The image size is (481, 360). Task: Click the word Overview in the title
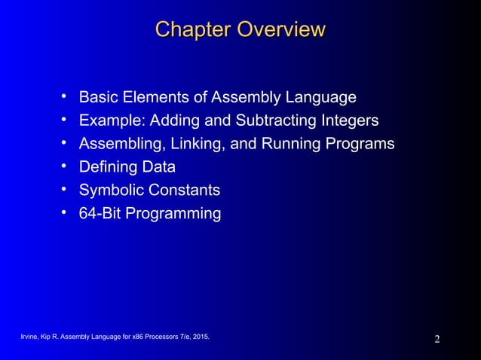[281, 30]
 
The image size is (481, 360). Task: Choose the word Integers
[352, 121]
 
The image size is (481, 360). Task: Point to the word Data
[159, 167]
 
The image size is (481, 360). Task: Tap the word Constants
[184, 191]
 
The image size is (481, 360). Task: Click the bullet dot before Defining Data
[65, 166]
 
